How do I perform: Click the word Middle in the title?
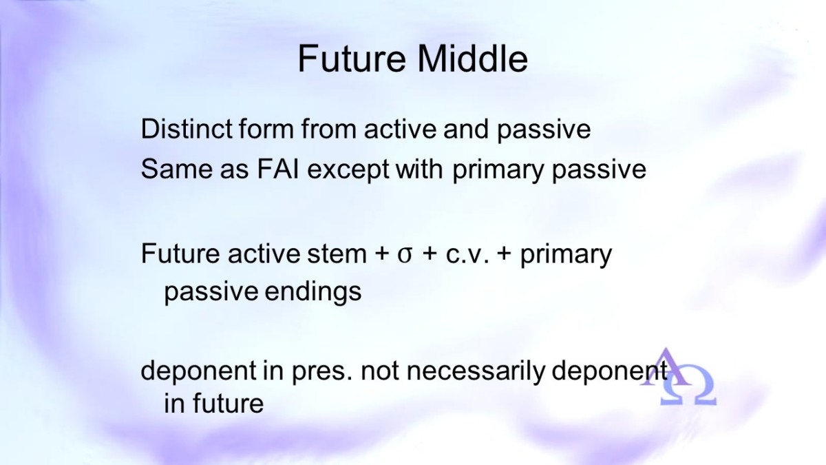pyautogui.click(x=472, y=59)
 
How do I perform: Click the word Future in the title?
pyautogui.click(x=352, y=59)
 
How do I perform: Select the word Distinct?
pyautogui.click(x=187, y=129)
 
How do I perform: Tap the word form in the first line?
pyautogui.click(x=266, y=129)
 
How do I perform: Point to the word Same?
pyautogui.click(x=177, y=169)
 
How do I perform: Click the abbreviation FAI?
pyautogui.click(x=277, y=169)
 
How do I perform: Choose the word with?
pyautogui.click(x=419, y=169)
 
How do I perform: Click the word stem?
pyautogui.click(x=337, y=255)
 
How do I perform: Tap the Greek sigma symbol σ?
pyautogui.click(x=405, y=256)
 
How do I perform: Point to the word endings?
pyautogui.click(x=313, y=292)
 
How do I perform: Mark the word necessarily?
pyautogui.click(x=476, y=371)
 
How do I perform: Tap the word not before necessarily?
pyautogui.click(x=380, y=371)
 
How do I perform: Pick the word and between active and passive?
pyautogui.click(x=466, y=129)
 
